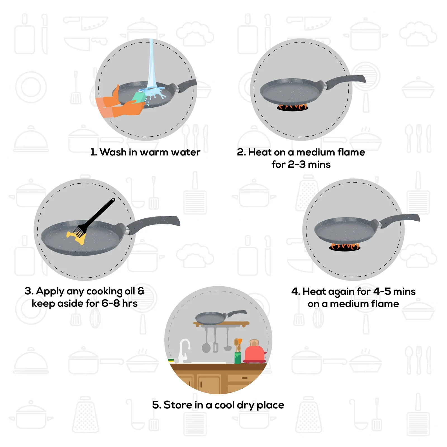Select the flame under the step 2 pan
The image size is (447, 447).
click(292, 107)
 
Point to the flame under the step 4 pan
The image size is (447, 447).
click(345, 247)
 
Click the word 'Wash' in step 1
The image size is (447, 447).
click(113, 152)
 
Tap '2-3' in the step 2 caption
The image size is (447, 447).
click(297, 165)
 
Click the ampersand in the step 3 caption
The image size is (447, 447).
click(141, 291)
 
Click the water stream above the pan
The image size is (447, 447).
click(151, 64)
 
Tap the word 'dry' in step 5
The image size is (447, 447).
click(246, 405)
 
